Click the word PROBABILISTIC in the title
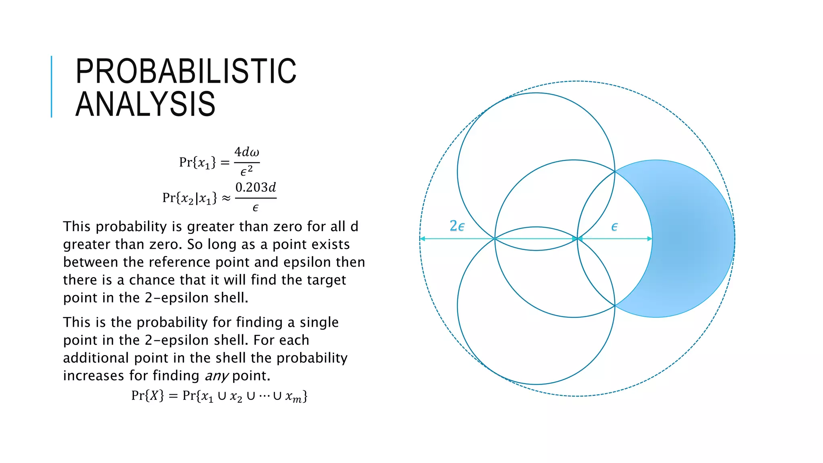pyautogui.click(x=186, y=71)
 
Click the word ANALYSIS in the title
pyautogui.click(x=145, y=104)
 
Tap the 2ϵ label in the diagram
pyautogui.click(x=457, y=226)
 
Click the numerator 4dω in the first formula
pyautogui.click(x=247, y=152)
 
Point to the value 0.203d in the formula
pyautogui.click(x=256, y=188)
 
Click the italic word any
pyautogui.click(x=217, y=376)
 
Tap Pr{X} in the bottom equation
pyautogui.click(x=147, y=396)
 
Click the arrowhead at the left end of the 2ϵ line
pyautogui.click(x=422, y=239)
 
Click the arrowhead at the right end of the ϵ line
pyautogui.click(x=649, y=239)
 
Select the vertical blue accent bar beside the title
pyautogui.click(x=51, y=86)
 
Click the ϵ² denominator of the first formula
pyautogui.click(x=246, y=171)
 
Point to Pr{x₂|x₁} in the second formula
pyautogui.click(x=189, y=198)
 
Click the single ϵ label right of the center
pyautogui.click(x=614, y=227)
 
